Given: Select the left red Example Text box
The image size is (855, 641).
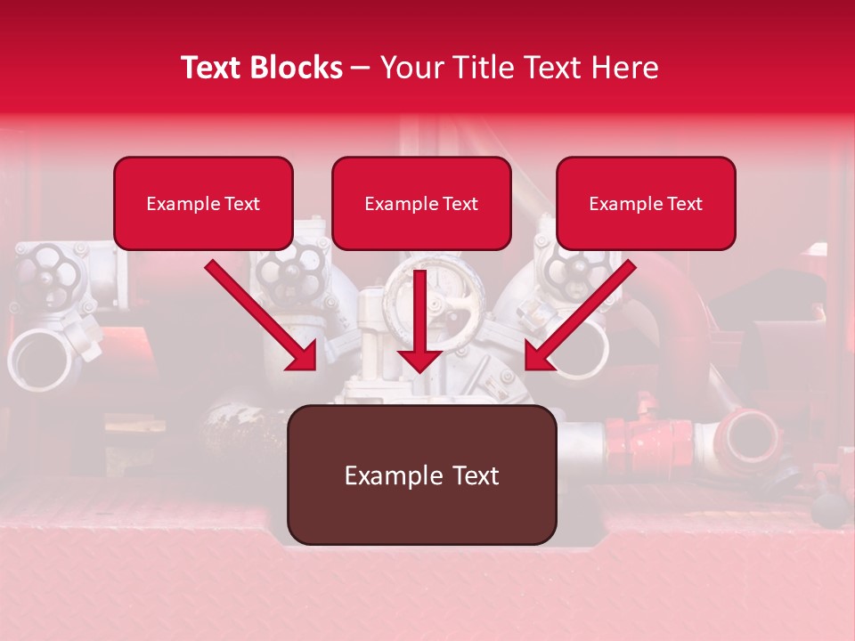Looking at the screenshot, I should click(x=203, y=203).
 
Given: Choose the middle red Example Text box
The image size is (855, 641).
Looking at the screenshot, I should click(x=421, y=203).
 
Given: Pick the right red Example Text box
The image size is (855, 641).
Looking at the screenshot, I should click(x=646, y=203).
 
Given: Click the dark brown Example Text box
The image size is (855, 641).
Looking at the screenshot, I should click(x=421, y=475).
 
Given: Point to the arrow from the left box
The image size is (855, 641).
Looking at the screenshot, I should click(x=263, y=316).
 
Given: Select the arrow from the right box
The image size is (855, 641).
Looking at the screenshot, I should click(x=579, y=316).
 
